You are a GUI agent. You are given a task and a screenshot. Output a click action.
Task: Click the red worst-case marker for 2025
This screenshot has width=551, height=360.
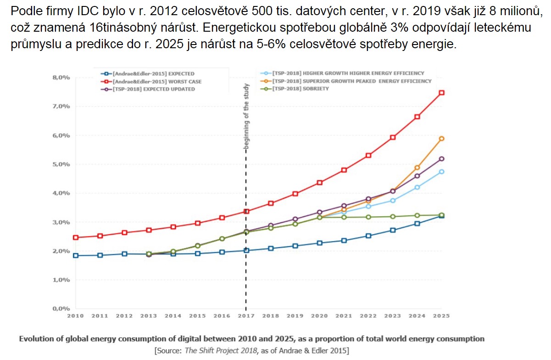click(x=441, y=93)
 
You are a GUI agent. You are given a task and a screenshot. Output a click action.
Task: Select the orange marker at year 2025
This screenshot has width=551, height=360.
click(x=441, y=139)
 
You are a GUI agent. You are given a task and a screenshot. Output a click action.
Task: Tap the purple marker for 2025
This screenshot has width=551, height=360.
click(x=441, y=159)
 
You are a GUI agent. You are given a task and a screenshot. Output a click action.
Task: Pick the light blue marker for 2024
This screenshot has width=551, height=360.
click(x=417, y=187)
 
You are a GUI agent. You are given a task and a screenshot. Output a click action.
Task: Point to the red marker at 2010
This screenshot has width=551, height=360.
click(x=76, y=237)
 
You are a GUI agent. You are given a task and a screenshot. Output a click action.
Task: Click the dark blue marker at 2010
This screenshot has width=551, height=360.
click(x=76, y=255)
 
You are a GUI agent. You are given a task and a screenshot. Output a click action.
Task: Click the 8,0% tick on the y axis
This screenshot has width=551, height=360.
click(x=61, y=78)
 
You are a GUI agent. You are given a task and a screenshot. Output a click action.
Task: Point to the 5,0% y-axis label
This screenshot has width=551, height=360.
click(x=61, y=164)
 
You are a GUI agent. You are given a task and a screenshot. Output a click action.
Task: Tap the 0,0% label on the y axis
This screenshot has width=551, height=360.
click(x=61, y=309)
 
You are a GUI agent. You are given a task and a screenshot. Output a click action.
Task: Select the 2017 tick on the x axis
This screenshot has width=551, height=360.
click(x=246, y=316)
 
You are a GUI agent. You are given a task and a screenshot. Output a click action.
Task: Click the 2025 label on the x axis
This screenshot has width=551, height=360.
click(x=441, y=316)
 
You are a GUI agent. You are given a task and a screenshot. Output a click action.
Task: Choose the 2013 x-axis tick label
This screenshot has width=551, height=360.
click(x=149, y=316)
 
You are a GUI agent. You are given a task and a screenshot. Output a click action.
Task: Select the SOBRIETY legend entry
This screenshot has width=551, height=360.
click(x=301, y=89)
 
